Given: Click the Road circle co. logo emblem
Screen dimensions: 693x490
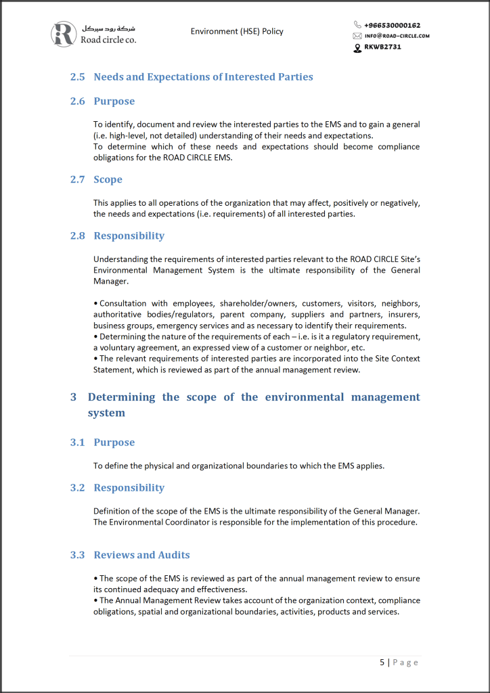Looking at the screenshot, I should [64, 34].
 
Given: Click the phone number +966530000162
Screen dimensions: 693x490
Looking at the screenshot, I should [392, 25].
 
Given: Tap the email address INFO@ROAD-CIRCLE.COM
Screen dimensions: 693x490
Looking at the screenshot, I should [397, 36].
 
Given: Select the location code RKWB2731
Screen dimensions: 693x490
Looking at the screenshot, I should [382, 47].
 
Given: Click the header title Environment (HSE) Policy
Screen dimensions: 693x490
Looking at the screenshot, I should [237, 31].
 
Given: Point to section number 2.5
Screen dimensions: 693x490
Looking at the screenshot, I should [78, 77].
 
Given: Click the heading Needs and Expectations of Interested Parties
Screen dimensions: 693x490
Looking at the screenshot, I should [203, 77].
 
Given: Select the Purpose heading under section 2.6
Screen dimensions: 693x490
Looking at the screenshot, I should [114, 102].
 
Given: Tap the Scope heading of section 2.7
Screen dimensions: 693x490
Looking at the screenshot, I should [108, 179].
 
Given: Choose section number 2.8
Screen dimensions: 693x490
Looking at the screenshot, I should [78, 236].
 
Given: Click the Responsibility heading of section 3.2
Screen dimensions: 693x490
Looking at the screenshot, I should [129, 487].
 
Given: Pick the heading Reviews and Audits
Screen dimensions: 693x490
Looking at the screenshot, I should [141, 555].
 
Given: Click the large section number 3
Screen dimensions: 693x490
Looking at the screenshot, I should [73, 397].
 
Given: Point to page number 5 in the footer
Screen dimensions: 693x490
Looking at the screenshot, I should [382, 662].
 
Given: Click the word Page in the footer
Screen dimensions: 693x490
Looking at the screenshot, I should [406, 662].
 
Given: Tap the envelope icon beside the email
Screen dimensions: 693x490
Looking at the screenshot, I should [357, 36].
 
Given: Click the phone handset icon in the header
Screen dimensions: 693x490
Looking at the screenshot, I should [357, 25].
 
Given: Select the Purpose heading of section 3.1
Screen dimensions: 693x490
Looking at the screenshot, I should [114, 442].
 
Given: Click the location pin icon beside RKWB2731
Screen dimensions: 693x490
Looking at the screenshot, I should [357, 47].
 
